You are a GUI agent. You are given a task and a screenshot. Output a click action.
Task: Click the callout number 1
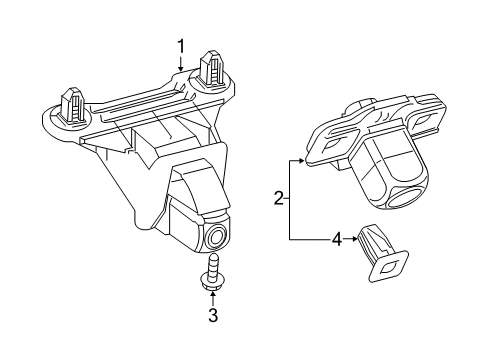[181, 45]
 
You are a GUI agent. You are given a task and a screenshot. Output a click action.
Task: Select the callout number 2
[278, 200]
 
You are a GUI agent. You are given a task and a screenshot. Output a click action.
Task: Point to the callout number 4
[337, 239]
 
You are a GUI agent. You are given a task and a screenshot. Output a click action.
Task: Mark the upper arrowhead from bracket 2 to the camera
[306, 159]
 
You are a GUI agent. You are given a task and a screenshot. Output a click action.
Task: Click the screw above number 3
[212, 276]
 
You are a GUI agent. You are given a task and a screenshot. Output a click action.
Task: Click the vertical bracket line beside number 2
[290, 200]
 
